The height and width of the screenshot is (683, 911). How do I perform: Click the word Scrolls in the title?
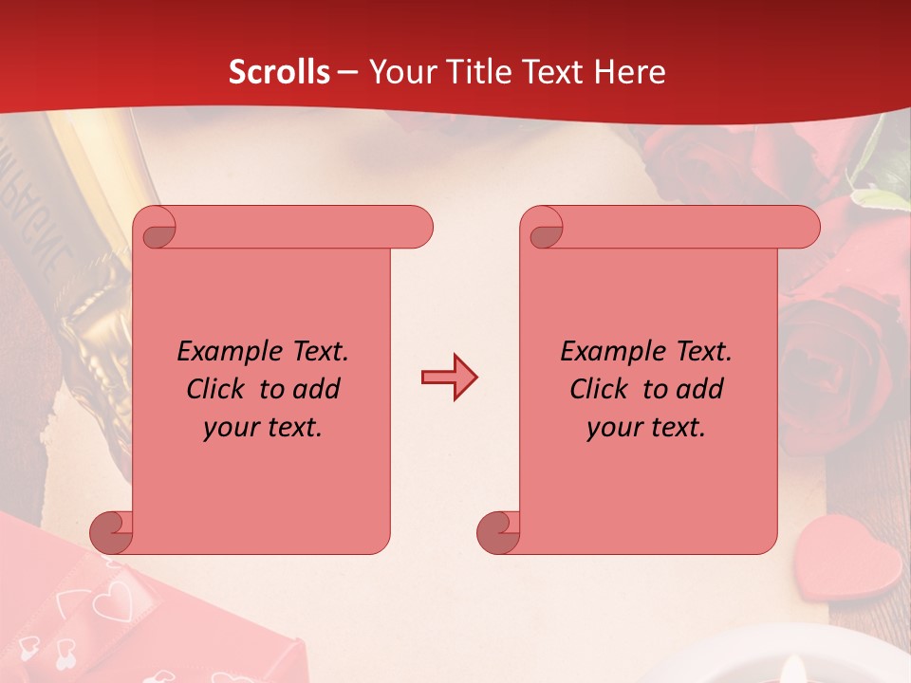click(x=279, y=72)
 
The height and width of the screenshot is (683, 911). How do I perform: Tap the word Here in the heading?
click(x=629, y=72)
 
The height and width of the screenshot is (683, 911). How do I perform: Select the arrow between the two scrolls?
click(x=449, y=377)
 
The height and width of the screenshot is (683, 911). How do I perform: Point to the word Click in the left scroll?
click(x=218, y=389)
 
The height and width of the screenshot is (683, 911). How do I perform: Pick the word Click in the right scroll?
click(x=602, y=389)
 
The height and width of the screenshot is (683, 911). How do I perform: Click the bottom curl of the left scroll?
click(x=112, y=533)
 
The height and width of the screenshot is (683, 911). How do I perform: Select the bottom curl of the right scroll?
click(x=498, y=533)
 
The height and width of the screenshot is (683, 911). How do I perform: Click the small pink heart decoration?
click(x=847, y=569)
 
